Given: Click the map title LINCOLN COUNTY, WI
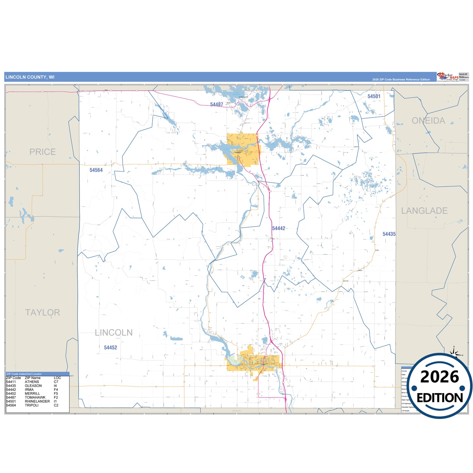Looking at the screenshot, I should pyautogui.click(x=30, y=77).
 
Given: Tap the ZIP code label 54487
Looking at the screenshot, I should pyautogui.click(x=216, y=104).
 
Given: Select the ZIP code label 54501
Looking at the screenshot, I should pyautogui.click(x=374, y=96).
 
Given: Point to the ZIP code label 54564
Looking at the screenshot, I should pyautogui.click(x=96, y=170).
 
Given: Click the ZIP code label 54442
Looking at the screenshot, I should pyautogui.click(x=279, y=228).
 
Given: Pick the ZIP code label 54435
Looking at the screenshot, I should pyautogui.click(x=389, y=234).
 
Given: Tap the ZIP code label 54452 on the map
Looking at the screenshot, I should pyautogui.click(x=110, y=348).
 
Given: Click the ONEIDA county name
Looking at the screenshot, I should pyautogui.click(x=428, y=121).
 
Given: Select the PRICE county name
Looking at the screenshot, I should pyautogui.click(x=43, y=152).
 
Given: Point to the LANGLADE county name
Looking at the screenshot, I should pyautogui.click(x=424, y=211).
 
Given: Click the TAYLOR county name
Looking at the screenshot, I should pyautogui.click(x=43, y=313).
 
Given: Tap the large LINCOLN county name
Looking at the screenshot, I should pyautogui.click(x=114, y=333).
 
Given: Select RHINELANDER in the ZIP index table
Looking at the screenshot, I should pyautogui.click(x=37, y=401).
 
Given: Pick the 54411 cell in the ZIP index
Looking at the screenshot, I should pyautogui.click(x=11, y=382).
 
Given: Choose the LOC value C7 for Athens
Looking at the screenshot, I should pyautogui.click(x=56, y=382).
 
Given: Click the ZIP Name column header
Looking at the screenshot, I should pyautogui.click(x=32, y=378).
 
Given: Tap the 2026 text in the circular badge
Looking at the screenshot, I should pyautogui.click(x=439, y=377).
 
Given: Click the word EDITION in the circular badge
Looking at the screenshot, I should pyautogui.click(x=440, y=398).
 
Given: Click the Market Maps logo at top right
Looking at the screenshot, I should pyautogui.click(x=447, y=77).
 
